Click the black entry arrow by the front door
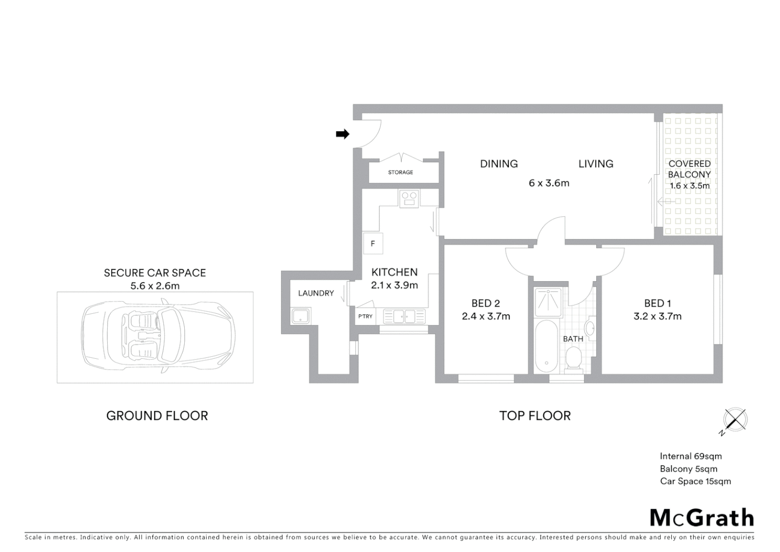pyautogui.click(x=342, y=134)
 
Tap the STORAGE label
pyautogui.click(x=400, y=172)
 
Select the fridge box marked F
pyautogui.click(x=373, y=243)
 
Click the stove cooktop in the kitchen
pyautogui.click(x=408, y=198)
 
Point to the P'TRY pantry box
pyautogui.click(x=365, y=316)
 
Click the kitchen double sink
pyautogui.click(x=404, y=316)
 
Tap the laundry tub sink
pyautogui.click(x=301, y=316)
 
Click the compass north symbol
pyautogui.click(x=735, y=420)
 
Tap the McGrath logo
pyautogui.click(x=701, y=518)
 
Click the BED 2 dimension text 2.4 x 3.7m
pyautogui.click(x=485, y=316)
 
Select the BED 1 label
pyautogui.click(x=657, y=303)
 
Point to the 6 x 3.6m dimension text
pyautogui.click(x=549, y=183)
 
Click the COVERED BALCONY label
pyautogui.click(x=689, y=169)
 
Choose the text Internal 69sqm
pyautogui.click(x=690, y=456)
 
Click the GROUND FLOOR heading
pyautogui.click(x=157, y=416)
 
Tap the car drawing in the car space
pyautogui.click(x=158, y=337)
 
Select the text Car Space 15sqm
pyautogui.click(x=695, y=481)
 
